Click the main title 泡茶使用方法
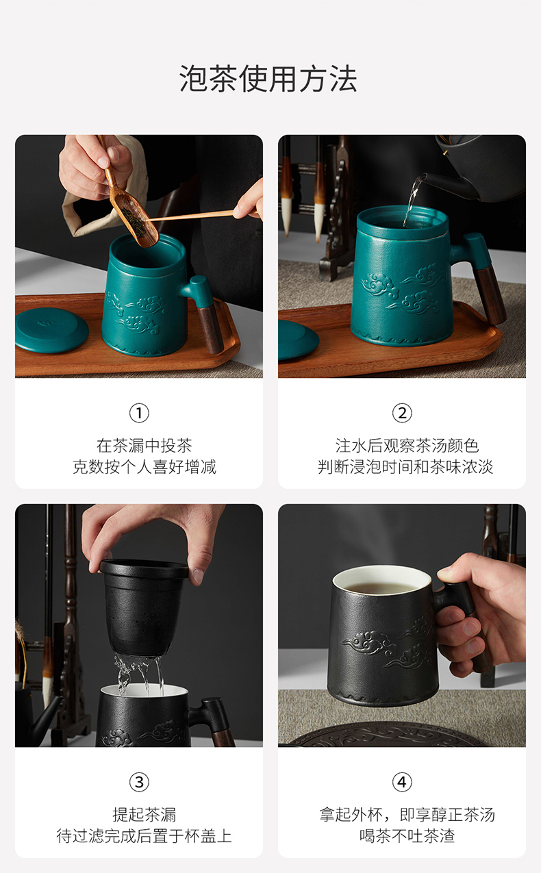point(268,79)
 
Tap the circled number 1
point(139,413)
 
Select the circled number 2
point(402,413)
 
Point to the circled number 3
point(139,782)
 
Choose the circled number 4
point(402,782)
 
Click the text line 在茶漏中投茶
point(144,446)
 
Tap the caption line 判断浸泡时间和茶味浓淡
point(405,466)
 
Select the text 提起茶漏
point(144,815)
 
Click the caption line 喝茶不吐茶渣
point(407,835)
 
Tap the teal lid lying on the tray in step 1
point(51,330)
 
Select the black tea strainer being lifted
point(143,609)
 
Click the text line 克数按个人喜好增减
point(144,466)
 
